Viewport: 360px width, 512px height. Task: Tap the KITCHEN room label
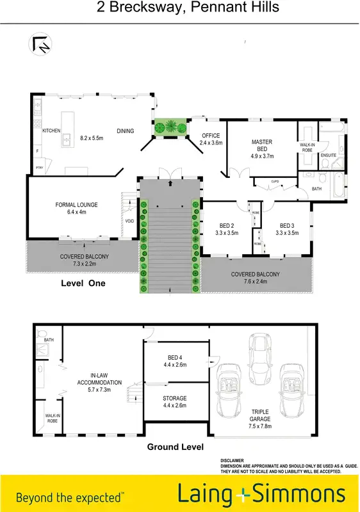51,131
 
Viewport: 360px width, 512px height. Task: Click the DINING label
126,131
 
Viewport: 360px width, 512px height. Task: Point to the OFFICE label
211,136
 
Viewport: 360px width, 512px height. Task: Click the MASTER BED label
263,145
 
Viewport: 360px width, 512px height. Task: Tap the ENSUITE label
329,156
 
